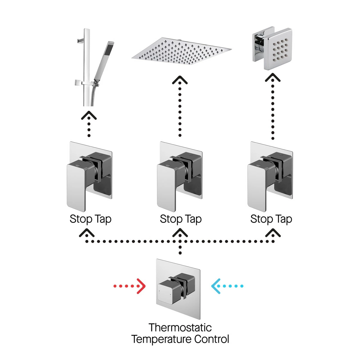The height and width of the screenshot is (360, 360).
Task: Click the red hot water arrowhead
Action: [141, 286]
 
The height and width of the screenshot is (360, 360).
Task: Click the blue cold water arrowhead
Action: [215, 286]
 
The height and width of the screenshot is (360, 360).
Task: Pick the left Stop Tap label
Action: [90, 219]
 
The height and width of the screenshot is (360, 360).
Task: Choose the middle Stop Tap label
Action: [181, 219]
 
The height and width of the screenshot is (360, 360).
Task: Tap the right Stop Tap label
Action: [271, 219]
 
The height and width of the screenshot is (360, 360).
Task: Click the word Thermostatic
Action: [180, 327]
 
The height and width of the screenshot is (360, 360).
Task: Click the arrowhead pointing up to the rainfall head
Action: [180, 80]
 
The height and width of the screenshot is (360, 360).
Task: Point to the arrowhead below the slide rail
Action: [89, 115]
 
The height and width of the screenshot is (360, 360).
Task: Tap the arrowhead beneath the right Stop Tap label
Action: [273, 232]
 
